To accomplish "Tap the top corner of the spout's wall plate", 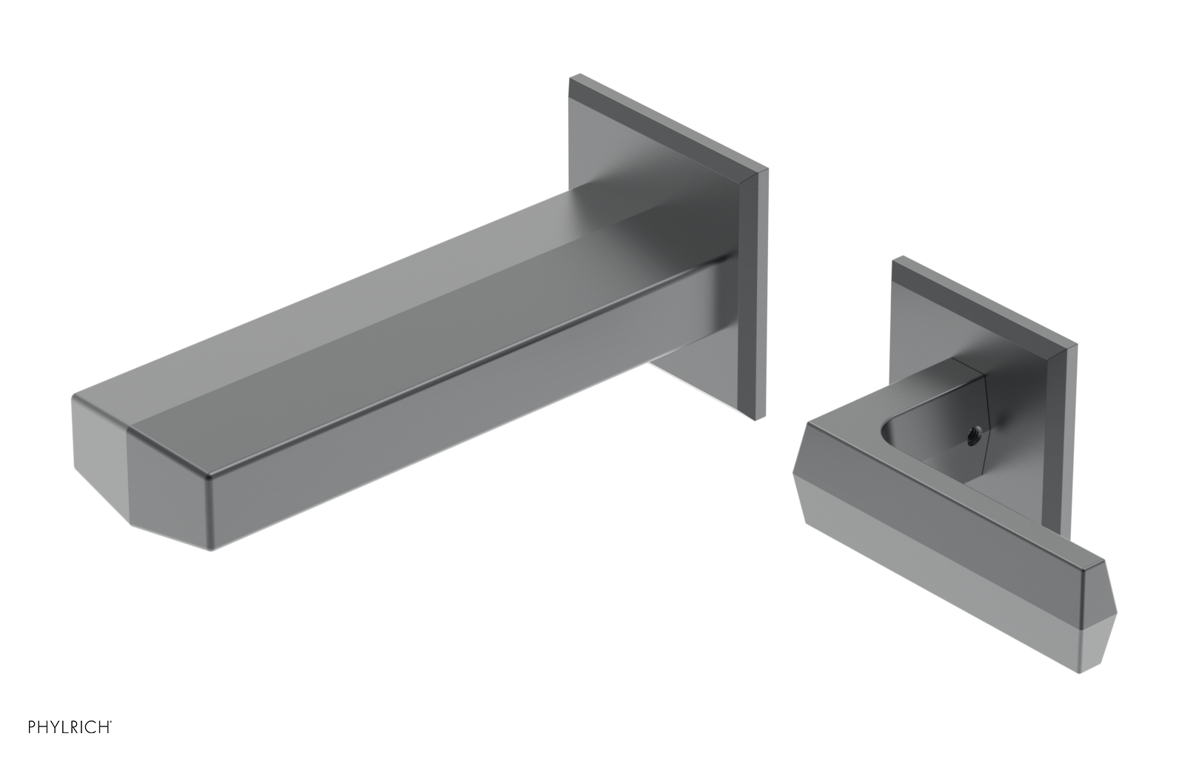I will (x=570, y=76).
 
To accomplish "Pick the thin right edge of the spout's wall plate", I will (x=761, y=297).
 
